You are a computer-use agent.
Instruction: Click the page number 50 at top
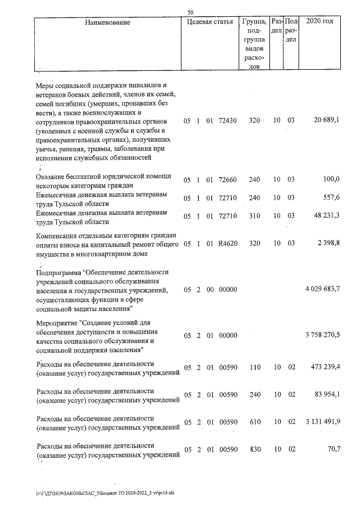coord(191,11)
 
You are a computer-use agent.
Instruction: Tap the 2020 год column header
coord(319,22)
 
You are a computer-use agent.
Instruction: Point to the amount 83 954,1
coord(326,394)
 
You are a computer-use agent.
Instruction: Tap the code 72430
coord(228,120)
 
